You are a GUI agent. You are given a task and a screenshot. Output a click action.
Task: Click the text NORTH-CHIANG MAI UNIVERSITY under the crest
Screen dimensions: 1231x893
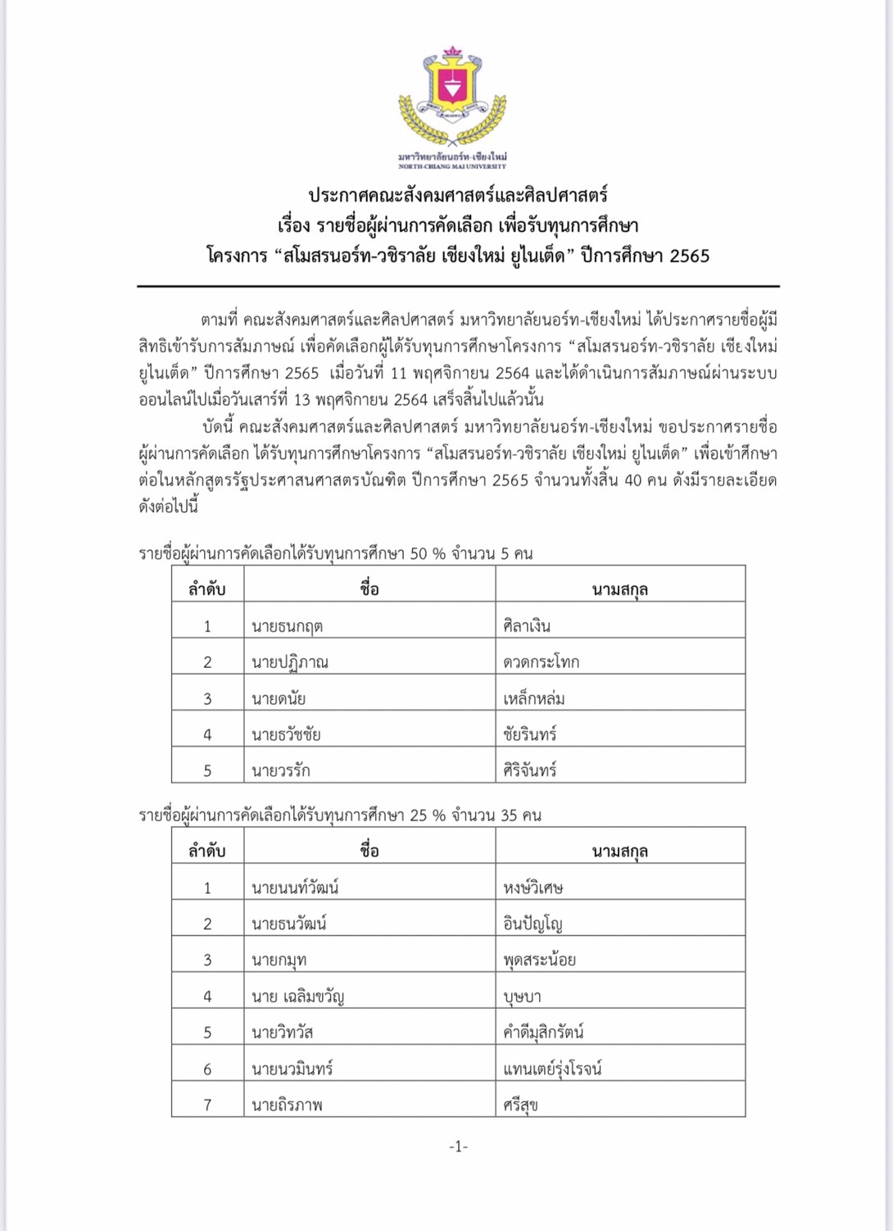[452, 166]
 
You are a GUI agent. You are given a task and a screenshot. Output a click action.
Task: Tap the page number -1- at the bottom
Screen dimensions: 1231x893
[458, 1146]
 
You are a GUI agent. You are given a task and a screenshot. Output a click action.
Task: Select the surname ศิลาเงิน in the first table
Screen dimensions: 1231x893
[527, 626]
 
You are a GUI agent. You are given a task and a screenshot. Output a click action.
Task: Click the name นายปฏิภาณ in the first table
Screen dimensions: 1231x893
[290, 662]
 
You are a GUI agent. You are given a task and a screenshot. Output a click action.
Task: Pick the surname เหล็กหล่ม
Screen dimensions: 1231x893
[534, 698]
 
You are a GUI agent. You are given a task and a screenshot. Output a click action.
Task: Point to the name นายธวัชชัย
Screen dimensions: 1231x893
[286, 734]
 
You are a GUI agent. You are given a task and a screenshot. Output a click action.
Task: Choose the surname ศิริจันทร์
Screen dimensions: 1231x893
[530, 770]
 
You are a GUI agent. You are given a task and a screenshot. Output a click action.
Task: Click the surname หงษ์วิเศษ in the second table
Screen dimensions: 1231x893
[533, 888]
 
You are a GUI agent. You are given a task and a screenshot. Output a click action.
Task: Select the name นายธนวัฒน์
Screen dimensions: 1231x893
[289, 924]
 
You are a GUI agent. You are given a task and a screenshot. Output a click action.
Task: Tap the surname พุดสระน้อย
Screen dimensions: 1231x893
[540, 960]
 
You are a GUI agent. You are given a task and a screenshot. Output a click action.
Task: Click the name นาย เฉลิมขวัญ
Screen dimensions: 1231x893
[298, 997]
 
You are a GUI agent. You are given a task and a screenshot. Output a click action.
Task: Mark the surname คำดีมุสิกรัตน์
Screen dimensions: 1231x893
[544, 1033]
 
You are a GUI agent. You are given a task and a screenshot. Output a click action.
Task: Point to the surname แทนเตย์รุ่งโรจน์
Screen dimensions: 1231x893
[552, 1069]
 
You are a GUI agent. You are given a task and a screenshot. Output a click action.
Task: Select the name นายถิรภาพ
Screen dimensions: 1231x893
[287, 1105]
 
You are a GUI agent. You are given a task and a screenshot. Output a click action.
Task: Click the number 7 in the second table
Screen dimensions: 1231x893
[207, 1105]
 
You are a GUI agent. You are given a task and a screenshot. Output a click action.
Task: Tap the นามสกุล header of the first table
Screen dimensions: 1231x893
[620, 589]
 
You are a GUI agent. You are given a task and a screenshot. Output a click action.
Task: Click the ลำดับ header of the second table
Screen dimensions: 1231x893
[207, 851]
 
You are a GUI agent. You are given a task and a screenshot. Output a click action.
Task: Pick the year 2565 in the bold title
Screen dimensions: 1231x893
[690, 256]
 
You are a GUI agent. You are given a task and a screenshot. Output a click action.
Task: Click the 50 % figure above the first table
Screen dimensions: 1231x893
[428, 554]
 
